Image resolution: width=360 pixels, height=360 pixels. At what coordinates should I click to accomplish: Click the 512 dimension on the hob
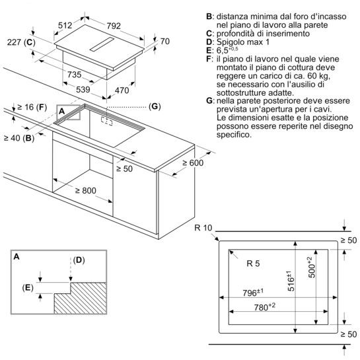[65, 25]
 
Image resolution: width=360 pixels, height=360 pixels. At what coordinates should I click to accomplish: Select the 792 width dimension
[114, 26]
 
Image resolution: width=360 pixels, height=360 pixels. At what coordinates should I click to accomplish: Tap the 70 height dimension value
[165, 42]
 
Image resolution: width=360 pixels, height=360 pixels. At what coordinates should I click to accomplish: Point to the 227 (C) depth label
[21, 42]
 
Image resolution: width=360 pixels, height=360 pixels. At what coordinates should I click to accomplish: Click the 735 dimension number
[75, 75]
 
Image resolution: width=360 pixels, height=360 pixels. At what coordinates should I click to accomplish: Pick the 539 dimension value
[83, 89]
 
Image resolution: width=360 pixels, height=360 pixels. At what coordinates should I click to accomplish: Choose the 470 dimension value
[122, 90]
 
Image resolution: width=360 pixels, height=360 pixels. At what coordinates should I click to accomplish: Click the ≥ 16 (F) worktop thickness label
[32, 107]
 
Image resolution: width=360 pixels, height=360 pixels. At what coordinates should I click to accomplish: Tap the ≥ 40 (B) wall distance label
[19, 138]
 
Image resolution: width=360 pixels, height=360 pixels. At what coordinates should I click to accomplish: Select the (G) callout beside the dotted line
[155, 106]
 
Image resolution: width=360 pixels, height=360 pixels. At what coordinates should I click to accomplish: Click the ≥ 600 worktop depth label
[193, 162]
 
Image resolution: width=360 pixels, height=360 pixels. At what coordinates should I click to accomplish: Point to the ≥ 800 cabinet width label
[86, 190]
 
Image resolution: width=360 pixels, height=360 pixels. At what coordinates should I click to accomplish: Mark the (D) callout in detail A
[79, 260]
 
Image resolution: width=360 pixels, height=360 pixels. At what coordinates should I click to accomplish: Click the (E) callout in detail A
[28, 287]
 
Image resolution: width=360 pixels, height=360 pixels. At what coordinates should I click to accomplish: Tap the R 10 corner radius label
[203, 228]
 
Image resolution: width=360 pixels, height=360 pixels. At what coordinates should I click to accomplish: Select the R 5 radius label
[253, 264]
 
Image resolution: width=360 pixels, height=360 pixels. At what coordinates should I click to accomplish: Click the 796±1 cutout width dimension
[253, 293]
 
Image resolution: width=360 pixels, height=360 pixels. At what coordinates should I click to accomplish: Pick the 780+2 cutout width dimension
[264, 307]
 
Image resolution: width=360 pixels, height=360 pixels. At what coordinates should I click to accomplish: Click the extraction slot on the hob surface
[102, 44]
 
